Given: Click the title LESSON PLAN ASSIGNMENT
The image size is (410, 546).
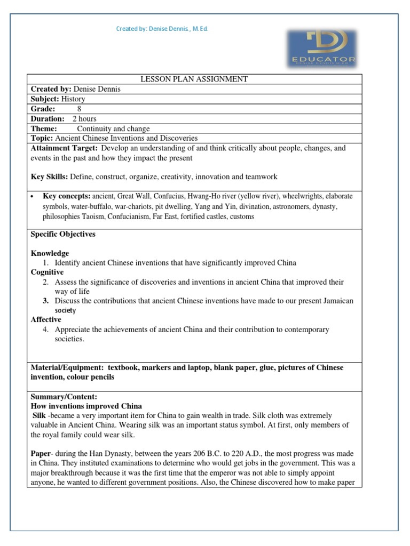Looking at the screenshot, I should [x=194, y=79].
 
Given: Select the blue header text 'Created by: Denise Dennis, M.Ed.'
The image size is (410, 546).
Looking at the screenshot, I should [x=162, y=29].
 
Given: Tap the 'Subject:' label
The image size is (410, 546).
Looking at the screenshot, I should [x=44, y=99].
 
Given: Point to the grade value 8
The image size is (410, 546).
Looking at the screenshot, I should [x=79, y=109].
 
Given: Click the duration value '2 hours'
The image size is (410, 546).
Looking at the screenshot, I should [x=84, y=119].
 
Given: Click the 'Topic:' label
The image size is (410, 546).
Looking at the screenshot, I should [x=42, y=138].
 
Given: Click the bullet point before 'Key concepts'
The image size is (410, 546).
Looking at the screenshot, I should [x=33, y=197].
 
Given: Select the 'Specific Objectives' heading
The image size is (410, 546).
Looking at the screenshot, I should [x=63, y=234].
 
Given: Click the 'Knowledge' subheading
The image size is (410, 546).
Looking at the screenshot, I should [x=50, y=253].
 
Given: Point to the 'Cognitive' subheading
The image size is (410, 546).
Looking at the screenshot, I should [x=47, y=272].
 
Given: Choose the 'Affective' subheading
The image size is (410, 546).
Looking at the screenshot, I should [x=46, y=320].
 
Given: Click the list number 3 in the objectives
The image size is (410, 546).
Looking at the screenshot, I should [x=46, y=301].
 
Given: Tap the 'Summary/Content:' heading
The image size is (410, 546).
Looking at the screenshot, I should [x=64, y=397].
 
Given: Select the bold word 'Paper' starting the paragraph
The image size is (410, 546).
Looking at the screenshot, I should [x=41, y=453].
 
